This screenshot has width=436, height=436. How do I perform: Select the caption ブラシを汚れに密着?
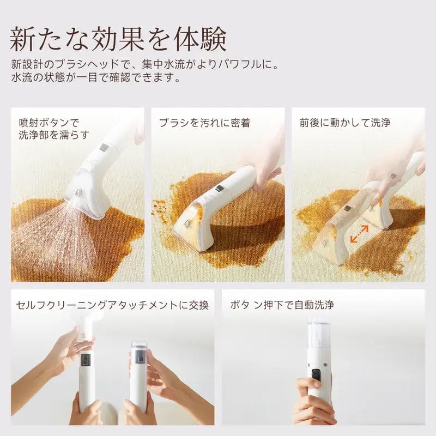(x=204, y=124)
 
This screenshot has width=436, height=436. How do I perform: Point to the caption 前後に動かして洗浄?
(x=345, y=123)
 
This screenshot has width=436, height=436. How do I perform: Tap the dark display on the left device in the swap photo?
(x=87, y=360)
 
